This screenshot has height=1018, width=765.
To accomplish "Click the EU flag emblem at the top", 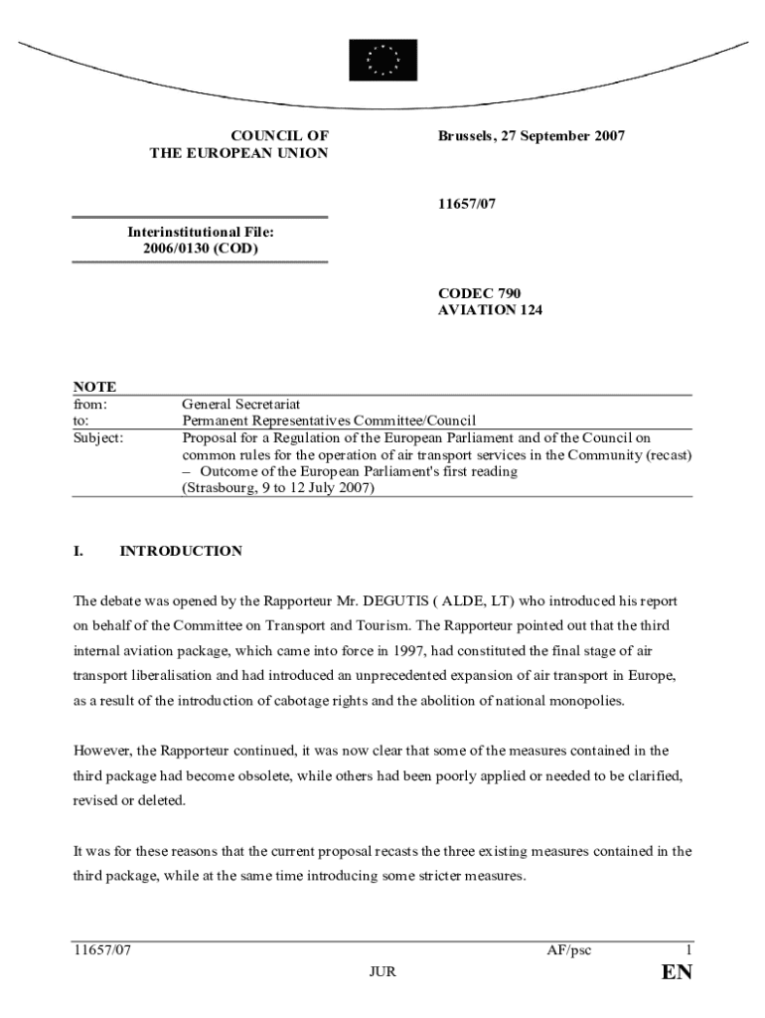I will pos(382,60).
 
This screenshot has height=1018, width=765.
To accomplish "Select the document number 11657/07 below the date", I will pos(467,204).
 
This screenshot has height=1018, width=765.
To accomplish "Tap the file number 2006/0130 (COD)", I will pos(200,249).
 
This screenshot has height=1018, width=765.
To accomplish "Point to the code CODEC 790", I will pos(479,293).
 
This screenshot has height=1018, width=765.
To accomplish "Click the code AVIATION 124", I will pos(491,310).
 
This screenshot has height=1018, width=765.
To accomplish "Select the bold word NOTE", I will pos(94,387).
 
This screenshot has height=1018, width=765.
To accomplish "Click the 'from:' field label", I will pos(90,405).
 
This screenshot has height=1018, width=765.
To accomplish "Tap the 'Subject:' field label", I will pos(99,437).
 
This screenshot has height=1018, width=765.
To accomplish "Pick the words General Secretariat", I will pos(240,405).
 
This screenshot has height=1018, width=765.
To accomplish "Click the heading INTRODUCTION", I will pos(181,551).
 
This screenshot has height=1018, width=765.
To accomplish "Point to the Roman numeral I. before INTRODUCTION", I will pos(78,551).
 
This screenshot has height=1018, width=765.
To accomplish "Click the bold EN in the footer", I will pos(677,972).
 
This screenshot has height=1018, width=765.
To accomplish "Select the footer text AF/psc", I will pos(568,950).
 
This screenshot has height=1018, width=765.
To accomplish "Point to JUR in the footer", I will pos(382,972).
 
